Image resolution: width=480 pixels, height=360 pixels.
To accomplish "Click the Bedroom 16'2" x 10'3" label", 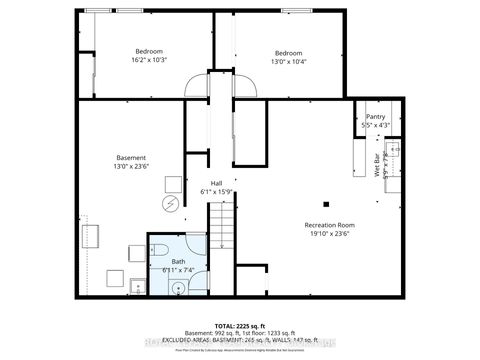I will click(x=149, y=56).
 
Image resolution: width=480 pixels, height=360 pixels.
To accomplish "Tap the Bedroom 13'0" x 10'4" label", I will click(x=288, y=57).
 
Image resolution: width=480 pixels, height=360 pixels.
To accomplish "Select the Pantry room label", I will click(x=375, y=121).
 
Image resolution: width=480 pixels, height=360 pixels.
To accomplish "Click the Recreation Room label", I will click(x=329, y=229).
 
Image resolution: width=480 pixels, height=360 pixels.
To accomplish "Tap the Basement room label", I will click(x=131, y=162).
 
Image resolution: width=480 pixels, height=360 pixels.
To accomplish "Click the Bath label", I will click(x=178, y=265).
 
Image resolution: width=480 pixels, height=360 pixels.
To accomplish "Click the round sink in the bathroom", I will click(x=179, y=288).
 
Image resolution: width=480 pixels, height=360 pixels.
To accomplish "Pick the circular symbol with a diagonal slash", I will click(x=171, y=203).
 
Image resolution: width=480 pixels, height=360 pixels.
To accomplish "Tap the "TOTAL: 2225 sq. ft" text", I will click(x=239, y=326).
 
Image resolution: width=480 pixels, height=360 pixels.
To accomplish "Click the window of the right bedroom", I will click(x=295, y=10).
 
